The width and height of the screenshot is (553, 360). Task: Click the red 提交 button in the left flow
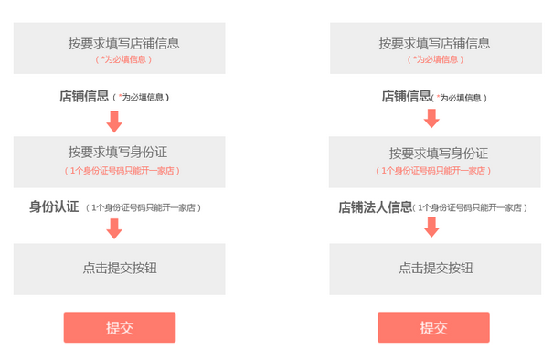[x=119, y=328]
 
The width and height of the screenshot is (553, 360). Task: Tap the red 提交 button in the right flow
[x=433, y=328]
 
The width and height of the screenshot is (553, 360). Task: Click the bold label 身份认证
[x=54, y=206]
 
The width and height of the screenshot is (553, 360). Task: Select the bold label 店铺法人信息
[x=375, y=206]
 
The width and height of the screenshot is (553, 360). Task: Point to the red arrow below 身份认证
[x=114, y=228]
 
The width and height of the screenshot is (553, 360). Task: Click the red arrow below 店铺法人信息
[x=431, y=227]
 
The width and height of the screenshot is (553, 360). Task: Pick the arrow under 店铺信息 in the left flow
[x=114, y=121]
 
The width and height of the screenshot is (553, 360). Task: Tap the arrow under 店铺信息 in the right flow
[x=431, y=118]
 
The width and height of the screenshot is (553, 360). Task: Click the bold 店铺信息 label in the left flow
[x=84, y=96]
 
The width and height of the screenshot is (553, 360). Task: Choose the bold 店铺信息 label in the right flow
[x=406, y=95]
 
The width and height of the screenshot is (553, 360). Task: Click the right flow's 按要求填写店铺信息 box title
[x=434, y=43]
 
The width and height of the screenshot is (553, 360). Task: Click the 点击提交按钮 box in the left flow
[x=119, y=268]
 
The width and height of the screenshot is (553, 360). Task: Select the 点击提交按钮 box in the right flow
[x=434, y=268]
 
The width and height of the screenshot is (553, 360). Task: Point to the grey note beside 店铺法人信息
[x=472, y=207]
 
